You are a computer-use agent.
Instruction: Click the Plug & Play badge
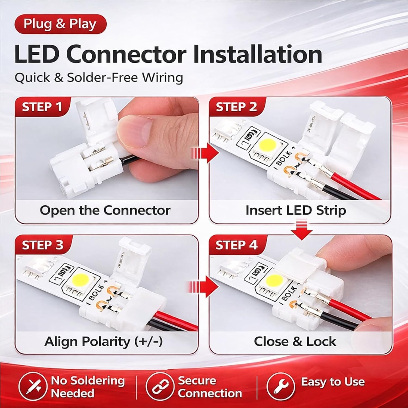[60, 24]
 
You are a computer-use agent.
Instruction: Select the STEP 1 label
[42, 107]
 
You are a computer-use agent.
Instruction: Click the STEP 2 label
[236, 107]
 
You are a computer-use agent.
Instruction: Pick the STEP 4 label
[236, 245]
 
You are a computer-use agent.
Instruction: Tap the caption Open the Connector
[105, 211]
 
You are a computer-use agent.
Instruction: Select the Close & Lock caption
[295, 342]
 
